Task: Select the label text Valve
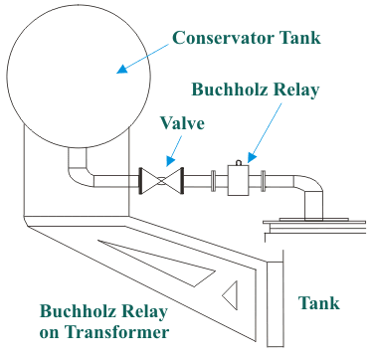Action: (x=183, y=124)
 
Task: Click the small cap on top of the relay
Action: (x=241, y=160)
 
